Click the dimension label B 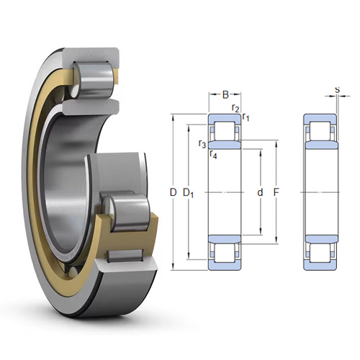coord(225,94)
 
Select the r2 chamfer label coord(235,108)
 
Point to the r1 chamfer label coord(246,117)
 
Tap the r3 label coord(202,144)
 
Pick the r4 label coord(213,155)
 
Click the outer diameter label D coord(173,192)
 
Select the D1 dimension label coord(189,193)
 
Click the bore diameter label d coord(260,192)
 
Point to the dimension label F coord(276,192)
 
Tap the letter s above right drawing coord(338,89)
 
